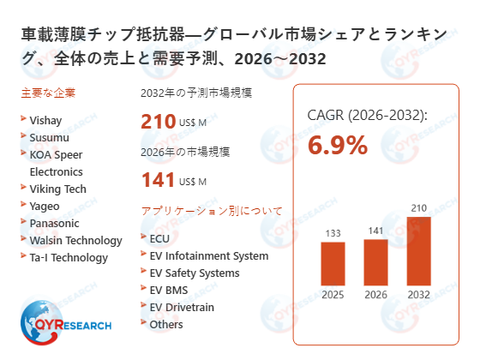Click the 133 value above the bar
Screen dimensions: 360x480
333,232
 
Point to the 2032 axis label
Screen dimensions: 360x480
418,295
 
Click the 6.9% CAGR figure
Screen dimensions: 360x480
338,145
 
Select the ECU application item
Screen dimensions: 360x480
159,238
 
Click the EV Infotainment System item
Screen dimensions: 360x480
208,255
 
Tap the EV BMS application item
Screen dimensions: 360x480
168,290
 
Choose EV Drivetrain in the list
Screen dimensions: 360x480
182,307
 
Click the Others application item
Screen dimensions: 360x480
166,324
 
